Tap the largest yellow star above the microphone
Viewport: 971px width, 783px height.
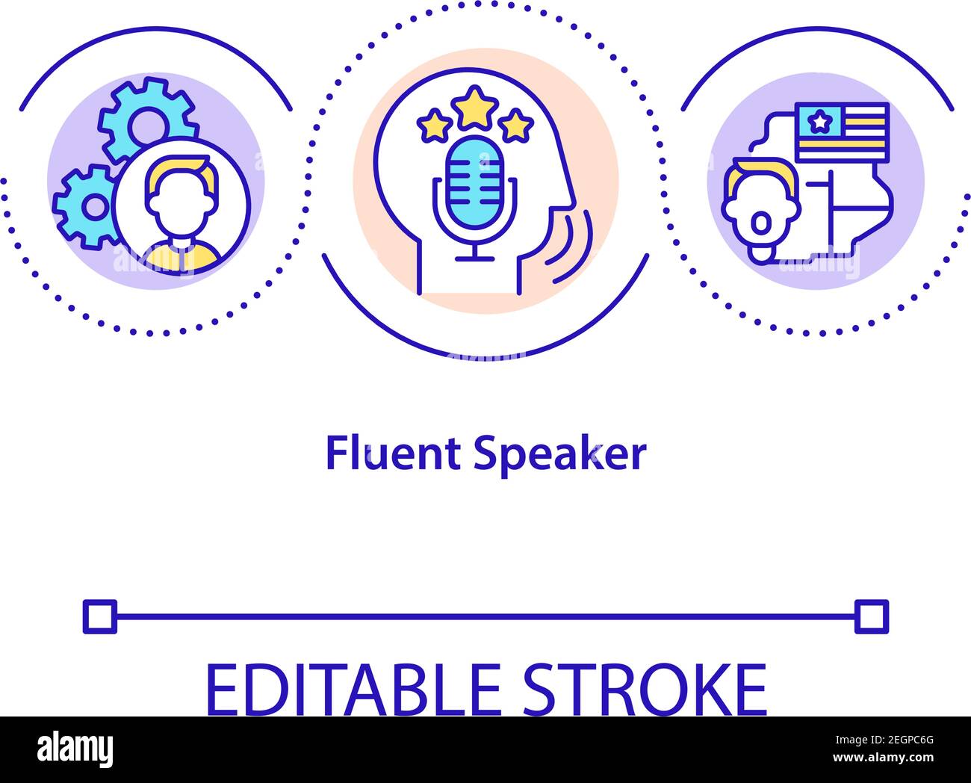474,108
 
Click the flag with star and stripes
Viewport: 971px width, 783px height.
842,133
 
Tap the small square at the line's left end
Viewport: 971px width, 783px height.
100,616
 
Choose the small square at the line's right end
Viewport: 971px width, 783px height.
872,616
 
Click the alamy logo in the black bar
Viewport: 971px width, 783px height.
75,750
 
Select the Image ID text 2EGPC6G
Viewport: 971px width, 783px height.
884,740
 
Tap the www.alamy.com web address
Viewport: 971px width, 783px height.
884,757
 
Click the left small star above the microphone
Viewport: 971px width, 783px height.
434,125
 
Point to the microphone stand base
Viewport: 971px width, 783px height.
474,259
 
